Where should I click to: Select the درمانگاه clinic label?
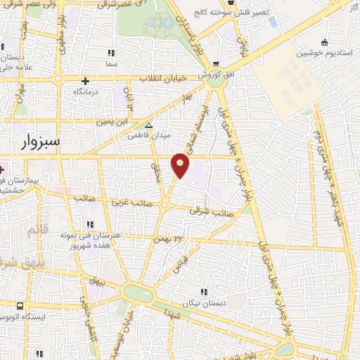[x=86, y=91]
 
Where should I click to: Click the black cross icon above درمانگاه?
[x=86, y=80]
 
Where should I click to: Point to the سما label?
[x=108, y=65]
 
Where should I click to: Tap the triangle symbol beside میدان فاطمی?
[x=157, y=126]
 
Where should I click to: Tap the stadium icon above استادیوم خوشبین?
[x=323, y=41]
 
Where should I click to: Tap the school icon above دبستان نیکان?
[x=205, y=292]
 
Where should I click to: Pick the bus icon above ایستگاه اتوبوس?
[x=19, y=306]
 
